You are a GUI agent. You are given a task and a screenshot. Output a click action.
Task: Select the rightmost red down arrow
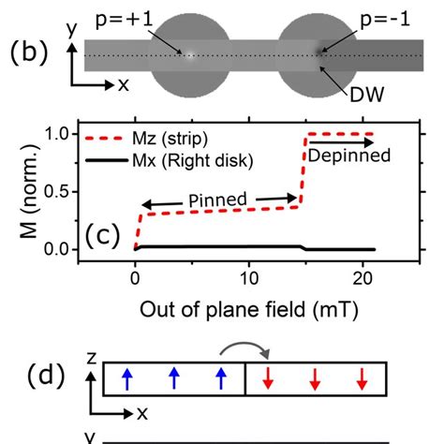point(361,378)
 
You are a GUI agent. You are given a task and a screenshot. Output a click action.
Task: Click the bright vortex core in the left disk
point(190,54)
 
